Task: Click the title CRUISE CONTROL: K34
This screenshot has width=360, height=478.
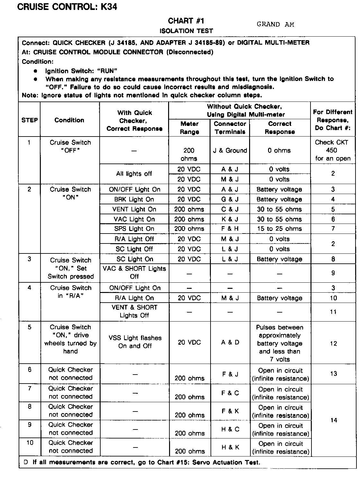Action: point(67,7)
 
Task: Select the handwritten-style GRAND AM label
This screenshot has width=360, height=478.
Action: point(275,24)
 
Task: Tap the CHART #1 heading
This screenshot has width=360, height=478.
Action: point(186,21)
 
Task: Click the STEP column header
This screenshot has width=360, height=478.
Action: point(30,120)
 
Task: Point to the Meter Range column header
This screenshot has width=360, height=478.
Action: point(189,128)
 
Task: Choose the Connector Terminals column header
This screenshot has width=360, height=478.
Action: point(230,128)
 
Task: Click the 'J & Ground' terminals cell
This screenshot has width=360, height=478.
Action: point(230,150)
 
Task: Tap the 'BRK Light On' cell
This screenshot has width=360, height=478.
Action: point(134,199)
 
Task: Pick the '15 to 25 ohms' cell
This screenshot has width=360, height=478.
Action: point(279,229)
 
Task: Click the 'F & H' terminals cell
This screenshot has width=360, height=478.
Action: point(230,229)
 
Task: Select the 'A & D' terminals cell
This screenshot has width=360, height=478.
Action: point(230,342)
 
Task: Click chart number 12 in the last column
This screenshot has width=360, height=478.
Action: point(333,343)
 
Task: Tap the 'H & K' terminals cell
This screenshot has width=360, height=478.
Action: point(230,447)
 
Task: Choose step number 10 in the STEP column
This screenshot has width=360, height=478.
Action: point(30,443)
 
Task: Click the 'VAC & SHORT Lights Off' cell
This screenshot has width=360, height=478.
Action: point(134,272)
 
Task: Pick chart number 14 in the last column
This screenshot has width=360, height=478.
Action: point(334,420)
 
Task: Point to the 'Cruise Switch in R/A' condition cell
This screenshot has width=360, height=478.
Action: point(70,292)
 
